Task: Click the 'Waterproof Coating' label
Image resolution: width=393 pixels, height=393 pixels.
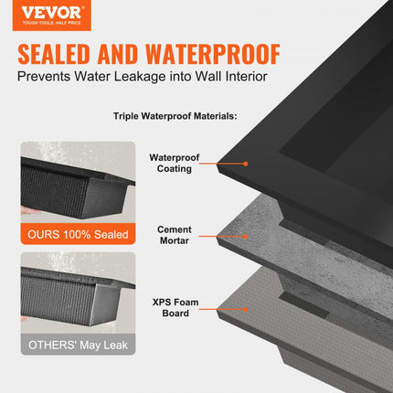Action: tap(174, 163)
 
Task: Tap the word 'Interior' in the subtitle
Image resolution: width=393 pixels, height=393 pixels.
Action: tap(241, 78)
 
